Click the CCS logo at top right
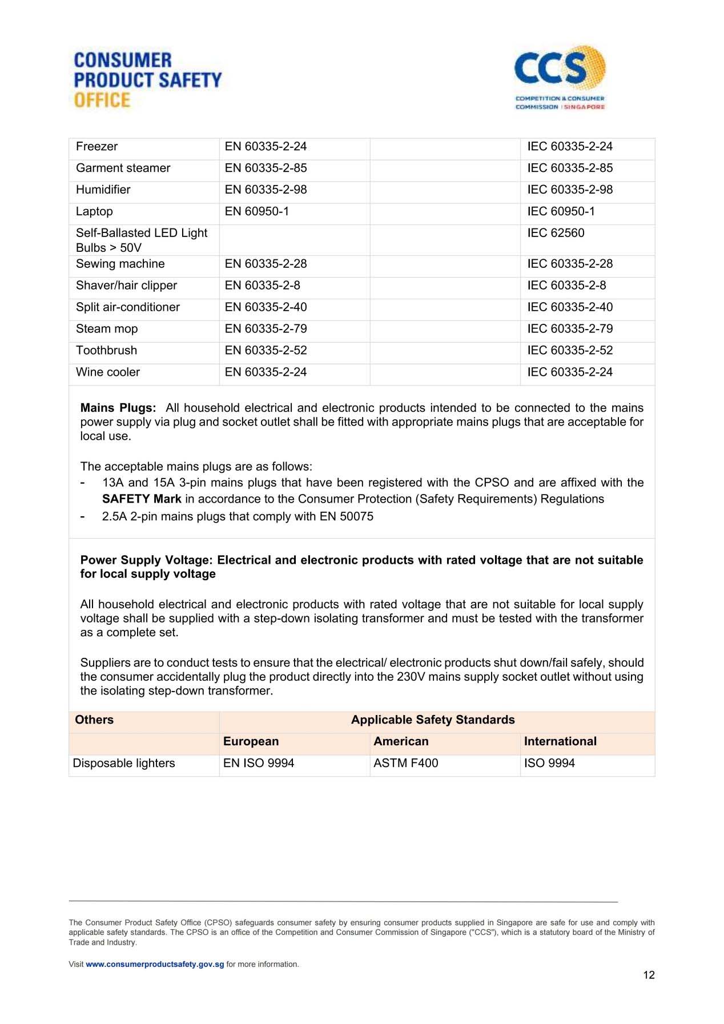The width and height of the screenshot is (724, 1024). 560,77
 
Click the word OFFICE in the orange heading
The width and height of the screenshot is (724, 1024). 102,100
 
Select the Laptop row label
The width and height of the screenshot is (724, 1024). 94,211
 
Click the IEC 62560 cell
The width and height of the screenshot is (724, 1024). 556,233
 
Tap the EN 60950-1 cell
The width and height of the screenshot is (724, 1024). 257,211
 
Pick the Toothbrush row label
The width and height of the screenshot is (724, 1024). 106,350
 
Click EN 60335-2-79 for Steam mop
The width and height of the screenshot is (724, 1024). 266,329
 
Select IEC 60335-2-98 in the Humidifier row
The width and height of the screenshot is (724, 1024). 570,190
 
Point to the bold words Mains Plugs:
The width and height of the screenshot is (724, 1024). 118,408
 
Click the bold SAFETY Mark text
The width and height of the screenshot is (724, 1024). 142,499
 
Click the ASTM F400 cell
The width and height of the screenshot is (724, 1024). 405,763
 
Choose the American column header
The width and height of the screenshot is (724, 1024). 401,741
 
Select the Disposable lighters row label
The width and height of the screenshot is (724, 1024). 124,763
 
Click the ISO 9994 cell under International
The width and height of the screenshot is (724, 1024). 549,763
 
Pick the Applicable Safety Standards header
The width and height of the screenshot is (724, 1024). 433,720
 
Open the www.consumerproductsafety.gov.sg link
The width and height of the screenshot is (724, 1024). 155,964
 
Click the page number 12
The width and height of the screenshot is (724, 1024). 649,975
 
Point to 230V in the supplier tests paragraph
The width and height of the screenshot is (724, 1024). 411,677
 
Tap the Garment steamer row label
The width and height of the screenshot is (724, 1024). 123,168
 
